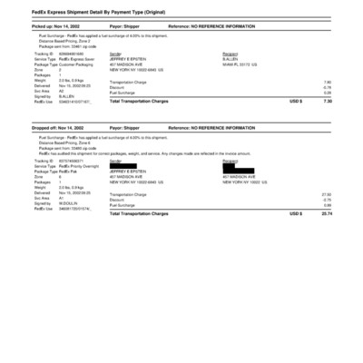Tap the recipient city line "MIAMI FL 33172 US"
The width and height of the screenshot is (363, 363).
pyautogui.click(x=240, y=64)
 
